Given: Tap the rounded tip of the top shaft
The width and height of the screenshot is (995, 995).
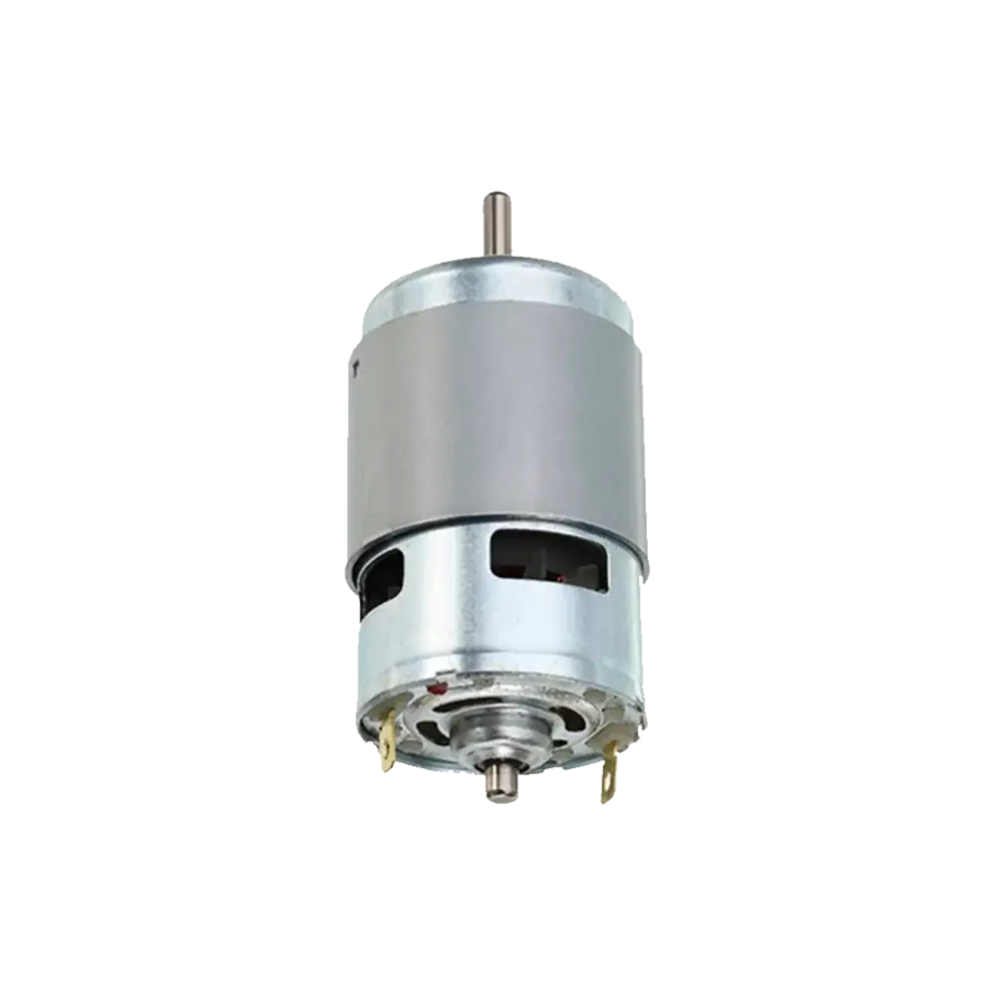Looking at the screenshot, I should coord(495,189).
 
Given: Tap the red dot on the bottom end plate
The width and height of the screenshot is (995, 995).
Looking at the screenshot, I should coord(435,689).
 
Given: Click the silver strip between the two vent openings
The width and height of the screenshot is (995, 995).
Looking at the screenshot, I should coord(448,567).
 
